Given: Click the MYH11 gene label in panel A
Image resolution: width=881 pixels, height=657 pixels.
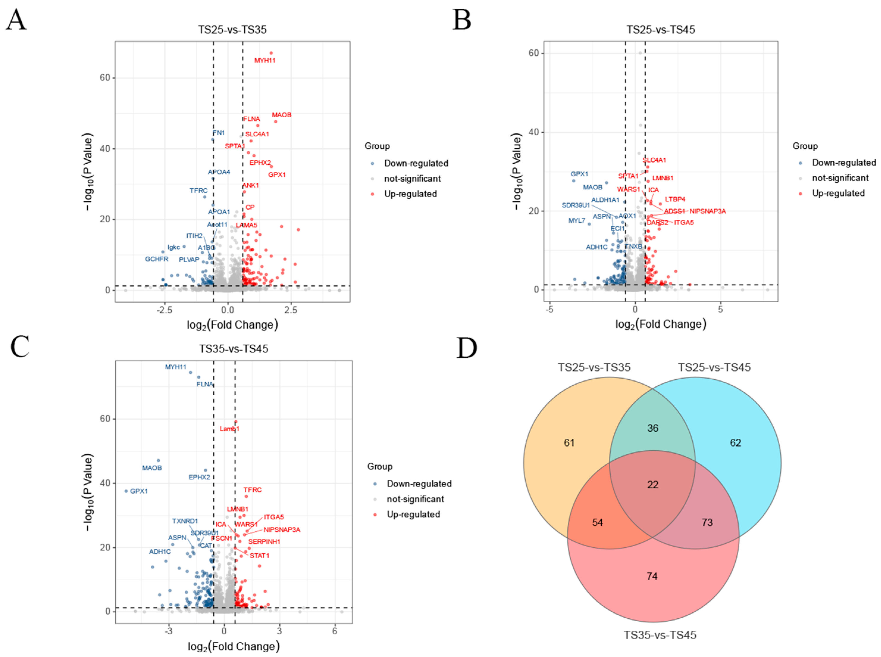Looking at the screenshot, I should click(x=265, y=60).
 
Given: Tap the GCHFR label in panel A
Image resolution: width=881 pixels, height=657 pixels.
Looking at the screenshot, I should click(x=156, y=259).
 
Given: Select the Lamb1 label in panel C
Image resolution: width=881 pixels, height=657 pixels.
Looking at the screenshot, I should click(x=229, y=429).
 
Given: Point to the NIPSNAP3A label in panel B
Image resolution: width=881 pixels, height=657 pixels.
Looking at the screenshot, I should click(x=707, y=211).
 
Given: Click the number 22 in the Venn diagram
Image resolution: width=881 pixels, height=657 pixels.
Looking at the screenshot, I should click(x=653, y=484).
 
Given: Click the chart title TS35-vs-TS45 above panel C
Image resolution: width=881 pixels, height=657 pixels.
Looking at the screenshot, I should click(x=234, y=349).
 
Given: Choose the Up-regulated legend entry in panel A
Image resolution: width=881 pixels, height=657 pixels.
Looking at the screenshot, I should click(x=410, y=194).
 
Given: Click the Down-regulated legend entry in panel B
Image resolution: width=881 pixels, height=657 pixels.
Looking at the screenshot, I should click(x=844, y=163).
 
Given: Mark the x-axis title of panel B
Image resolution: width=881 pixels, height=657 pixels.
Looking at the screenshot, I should click(x=660, y=324).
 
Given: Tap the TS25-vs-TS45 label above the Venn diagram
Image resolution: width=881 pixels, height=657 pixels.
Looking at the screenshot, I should click(x=714, y=367).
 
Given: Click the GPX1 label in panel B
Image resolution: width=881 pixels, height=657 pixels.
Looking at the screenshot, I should click(x=579, y=174).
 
